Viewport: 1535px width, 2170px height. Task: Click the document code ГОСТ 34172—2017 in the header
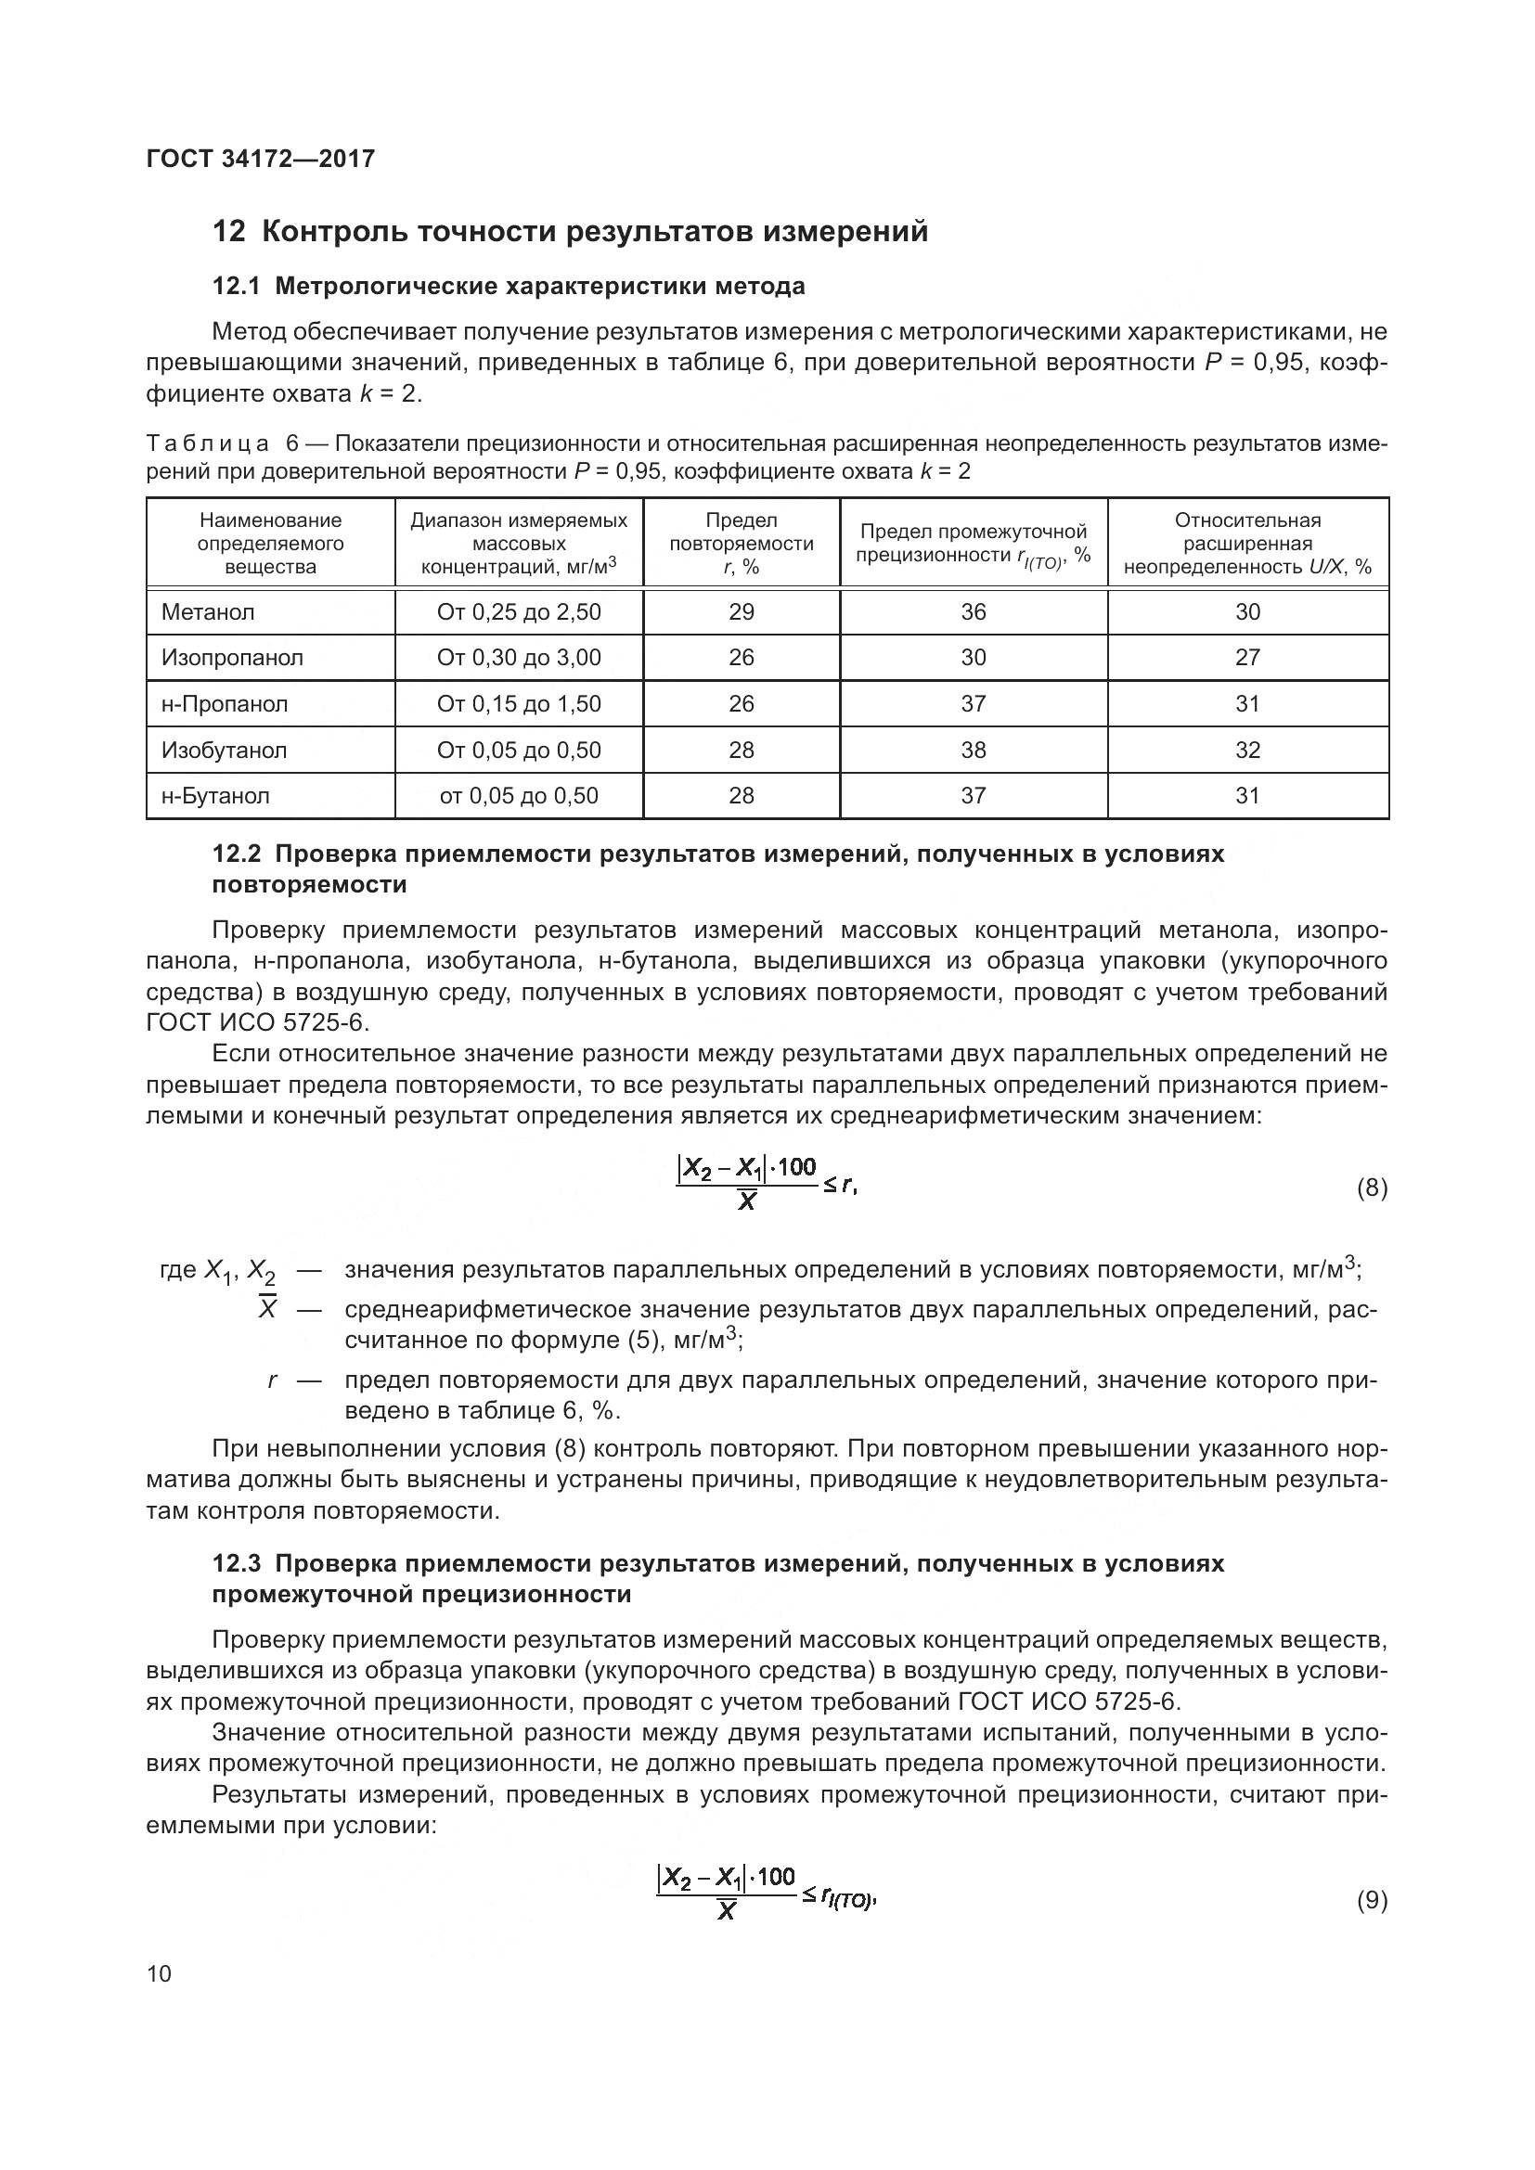point(261,159)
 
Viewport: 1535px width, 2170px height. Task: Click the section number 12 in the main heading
point(228,232)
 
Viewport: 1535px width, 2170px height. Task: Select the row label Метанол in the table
point(208,612)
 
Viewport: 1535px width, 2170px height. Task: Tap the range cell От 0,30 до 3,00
point(519,658)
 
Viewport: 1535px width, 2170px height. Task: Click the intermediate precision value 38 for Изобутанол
point(973,751)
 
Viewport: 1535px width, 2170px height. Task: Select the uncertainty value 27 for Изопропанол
point(1246,658)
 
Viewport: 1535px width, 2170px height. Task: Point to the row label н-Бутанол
point(215,796)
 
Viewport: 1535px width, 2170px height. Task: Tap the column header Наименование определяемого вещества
point(270,544)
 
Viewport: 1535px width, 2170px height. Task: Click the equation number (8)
point(1372,1188)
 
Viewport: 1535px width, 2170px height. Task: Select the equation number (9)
point(1372,1900)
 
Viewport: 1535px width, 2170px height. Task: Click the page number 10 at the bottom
point(159,1973)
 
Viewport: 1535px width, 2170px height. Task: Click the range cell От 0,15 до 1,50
point(519,704)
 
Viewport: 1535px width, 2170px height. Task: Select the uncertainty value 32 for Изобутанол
point(1246,751)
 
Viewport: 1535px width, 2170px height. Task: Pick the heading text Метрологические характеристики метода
point(540,287)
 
